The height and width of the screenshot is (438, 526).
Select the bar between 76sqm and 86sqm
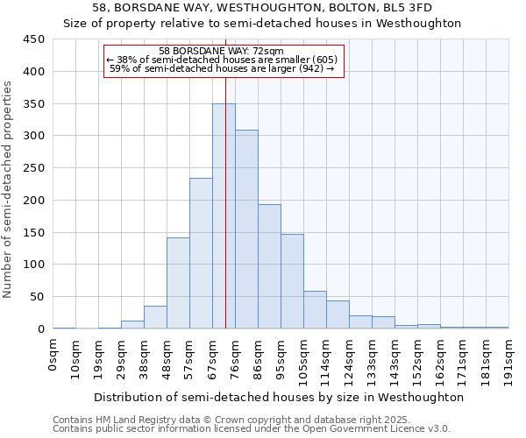tap(246, 230)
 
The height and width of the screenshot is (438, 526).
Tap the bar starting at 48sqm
tap(178, 283)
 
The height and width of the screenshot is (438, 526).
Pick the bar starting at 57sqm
tap(201, 253)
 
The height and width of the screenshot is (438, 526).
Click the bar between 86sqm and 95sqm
tap(269, 266)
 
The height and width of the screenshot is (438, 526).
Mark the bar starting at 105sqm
tap(315, 310)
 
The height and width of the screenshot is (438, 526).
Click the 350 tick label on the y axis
tap(33, 104)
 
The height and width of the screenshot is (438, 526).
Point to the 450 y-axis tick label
tap(33, 39)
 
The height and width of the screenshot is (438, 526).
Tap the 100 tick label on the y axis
tap(33, 265)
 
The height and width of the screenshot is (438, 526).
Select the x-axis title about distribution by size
tap(278, 397)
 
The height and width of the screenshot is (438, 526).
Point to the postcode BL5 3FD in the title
tap(407, 7)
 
